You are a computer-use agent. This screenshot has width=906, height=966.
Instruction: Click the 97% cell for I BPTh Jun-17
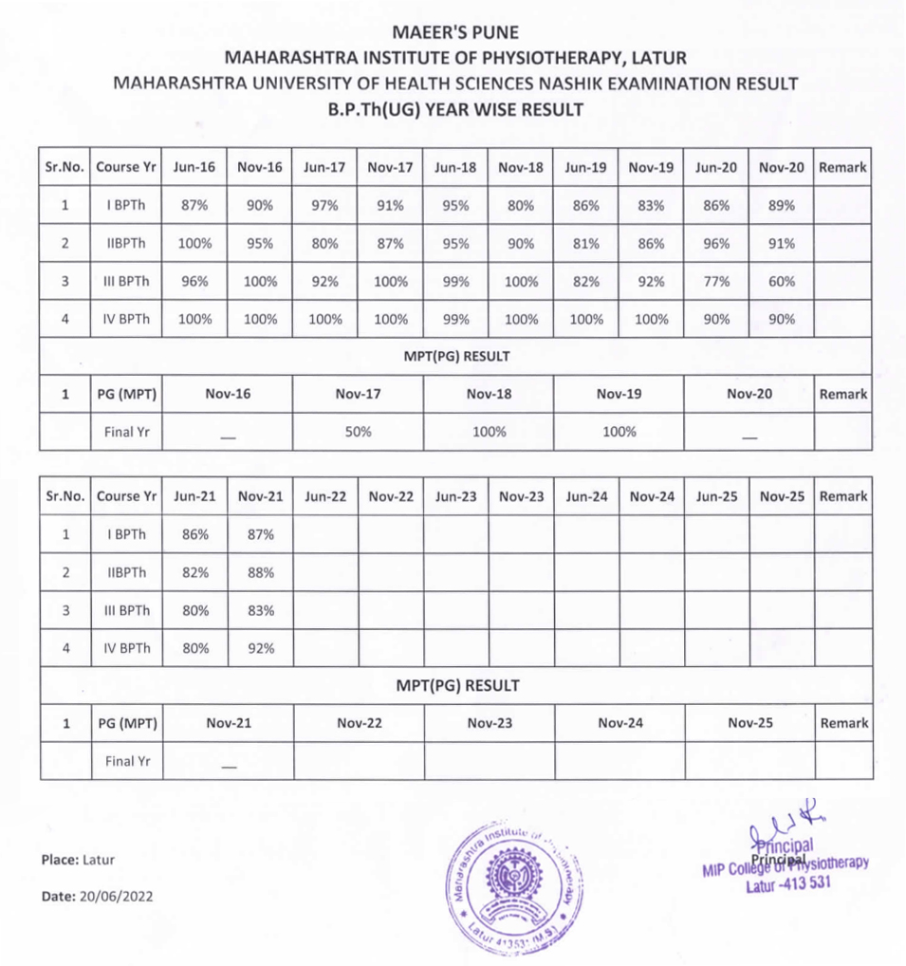324,205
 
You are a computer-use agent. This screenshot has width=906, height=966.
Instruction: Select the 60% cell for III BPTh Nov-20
782,281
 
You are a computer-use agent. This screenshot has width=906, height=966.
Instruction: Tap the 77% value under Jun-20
716,281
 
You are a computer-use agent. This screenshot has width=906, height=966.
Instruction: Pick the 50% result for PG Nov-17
358,431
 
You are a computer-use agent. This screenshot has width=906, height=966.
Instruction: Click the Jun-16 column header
194,167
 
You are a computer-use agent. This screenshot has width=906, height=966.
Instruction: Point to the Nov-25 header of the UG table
782,496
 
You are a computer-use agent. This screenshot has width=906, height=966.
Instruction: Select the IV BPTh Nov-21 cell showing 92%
260,648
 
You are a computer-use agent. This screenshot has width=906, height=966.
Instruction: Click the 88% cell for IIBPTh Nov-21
260,572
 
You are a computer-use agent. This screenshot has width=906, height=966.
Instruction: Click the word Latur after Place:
99,860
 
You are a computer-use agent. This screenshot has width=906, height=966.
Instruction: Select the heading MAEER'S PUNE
455,33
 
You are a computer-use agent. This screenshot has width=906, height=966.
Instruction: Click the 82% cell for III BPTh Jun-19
585,281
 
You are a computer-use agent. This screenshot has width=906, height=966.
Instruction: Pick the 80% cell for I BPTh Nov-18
521,205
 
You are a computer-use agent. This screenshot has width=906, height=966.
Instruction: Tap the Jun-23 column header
455,496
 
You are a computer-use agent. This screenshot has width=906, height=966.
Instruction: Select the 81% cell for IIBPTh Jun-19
585,243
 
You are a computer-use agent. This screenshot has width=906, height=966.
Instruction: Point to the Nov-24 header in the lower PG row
619,723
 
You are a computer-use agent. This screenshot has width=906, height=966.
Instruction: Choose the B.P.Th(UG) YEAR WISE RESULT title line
455,109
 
